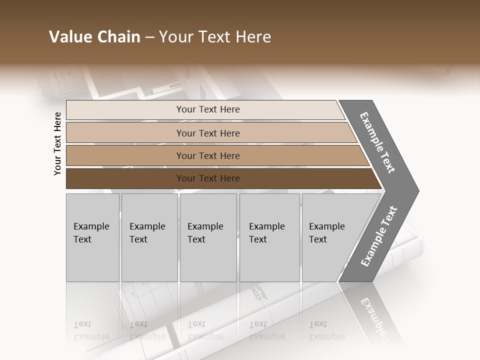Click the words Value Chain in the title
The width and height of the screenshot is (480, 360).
[94, 37]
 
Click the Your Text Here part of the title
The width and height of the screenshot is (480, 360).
[215, 37]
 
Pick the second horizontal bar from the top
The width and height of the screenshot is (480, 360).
[208, 133]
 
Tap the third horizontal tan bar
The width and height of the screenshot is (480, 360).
[208, 155]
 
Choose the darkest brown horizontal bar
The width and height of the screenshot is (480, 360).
[208, 178]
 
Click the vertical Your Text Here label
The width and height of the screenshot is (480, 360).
[57, 143]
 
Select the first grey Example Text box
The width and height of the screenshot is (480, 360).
[92, 237]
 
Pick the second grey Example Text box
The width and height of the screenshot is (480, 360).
[149, 237]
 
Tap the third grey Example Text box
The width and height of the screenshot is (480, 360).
[208, 237]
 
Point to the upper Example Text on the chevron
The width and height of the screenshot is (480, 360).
[377, 142]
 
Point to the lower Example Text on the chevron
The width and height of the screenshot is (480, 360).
[378, 236]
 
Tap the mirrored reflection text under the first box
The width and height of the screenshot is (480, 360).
[91, 330]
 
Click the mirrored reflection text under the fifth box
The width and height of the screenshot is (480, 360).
[326, 330]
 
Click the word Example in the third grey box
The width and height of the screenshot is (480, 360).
[205, 226]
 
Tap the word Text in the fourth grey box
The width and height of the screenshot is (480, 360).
[258, 239]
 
